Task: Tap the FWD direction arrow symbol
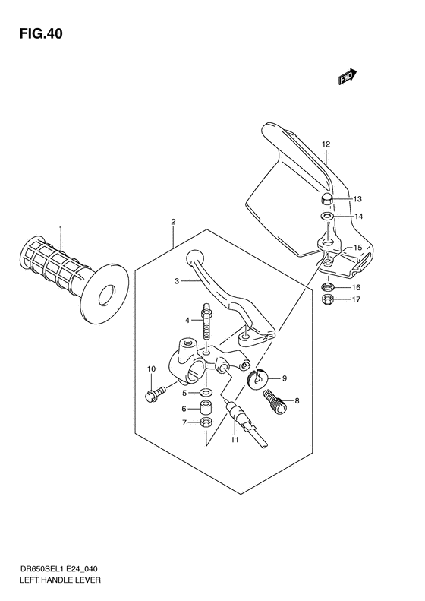pos(348,77)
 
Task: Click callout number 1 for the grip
pos(61,229)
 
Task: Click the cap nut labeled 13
pos(325,198)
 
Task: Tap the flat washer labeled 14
pos(326,217)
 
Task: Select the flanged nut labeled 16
pos(329,288)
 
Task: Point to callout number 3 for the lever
pos(175,282)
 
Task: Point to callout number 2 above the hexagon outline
pos(173,223)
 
